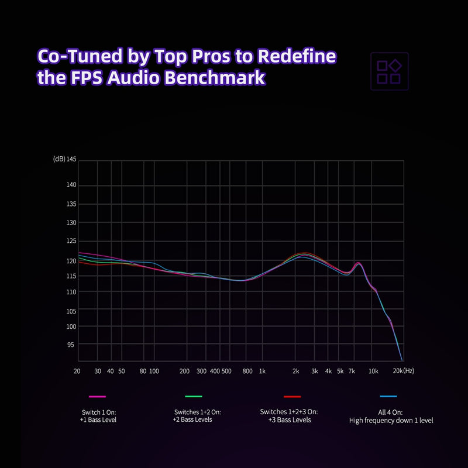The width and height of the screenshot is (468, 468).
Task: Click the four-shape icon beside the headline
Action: click(x=389, y=71)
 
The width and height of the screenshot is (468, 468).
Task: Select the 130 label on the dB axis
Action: click(x=72, y=223)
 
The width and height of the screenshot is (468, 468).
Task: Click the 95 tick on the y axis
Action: click(x=72, y=345)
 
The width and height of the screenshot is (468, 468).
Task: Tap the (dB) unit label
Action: click(x=58, y=159)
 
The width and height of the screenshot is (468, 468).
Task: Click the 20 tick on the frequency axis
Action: click(x=77, y=371)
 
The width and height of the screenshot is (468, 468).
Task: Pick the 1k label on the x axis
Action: click(x=262, y=371)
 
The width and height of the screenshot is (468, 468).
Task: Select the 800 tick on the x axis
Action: click(x=247, y=371)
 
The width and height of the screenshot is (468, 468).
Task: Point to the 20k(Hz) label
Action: click(x=403, y=371)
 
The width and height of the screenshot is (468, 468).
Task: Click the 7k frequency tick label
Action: click(x=352, y=371)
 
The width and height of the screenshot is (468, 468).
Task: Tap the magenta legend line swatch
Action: click(x=98, y=397)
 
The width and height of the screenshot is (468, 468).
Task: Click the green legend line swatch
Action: click(x=193, y=397)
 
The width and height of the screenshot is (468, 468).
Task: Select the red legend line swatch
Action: click(x=291, y=397)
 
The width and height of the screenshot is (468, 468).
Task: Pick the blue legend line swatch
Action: click(x=388, y=397)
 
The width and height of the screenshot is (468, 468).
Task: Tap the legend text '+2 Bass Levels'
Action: click(x=192, y=419)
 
